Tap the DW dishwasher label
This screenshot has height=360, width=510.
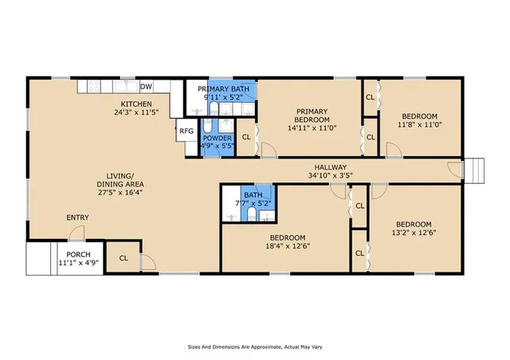coord(146,87)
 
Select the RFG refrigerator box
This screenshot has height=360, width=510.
coord(186,131)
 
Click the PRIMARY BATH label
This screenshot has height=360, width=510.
coord(222,89)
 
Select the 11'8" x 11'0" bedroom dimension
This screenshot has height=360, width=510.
coord(420,124)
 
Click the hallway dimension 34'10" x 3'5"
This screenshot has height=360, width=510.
coord(329,175)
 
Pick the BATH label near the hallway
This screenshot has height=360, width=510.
coord(253,195)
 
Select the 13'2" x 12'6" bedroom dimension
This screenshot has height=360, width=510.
coord(414,233)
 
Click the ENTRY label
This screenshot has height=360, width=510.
coord(77,218)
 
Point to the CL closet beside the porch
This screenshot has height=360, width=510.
coord(124,258)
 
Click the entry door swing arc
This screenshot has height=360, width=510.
coord(77,233)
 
